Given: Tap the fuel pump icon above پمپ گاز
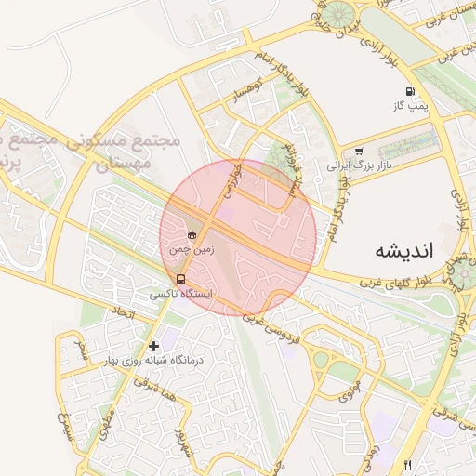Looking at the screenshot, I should [x=409, y=92].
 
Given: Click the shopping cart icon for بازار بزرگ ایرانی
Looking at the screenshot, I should [x=359, y=152].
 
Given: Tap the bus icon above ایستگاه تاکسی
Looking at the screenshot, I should [x=180, y=278].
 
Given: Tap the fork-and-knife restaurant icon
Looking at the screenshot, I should [x=406, y=466].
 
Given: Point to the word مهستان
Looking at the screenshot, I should [x=130, y=162].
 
